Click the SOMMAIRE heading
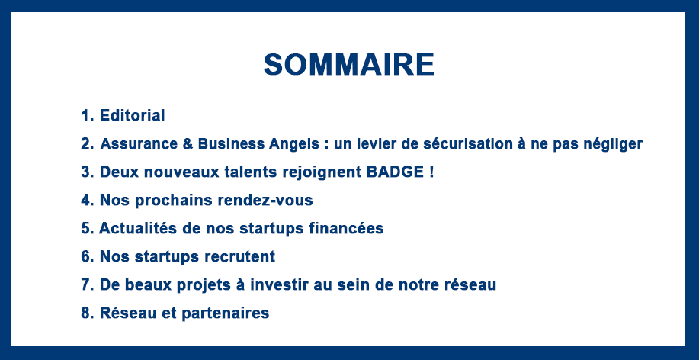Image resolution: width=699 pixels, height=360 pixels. point(349,65)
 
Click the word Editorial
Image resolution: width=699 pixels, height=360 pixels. point(133,115)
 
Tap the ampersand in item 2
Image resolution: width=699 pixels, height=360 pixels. point(188,143)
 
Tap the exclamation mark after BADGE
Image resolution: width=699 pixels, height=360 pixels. point(431,172)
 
